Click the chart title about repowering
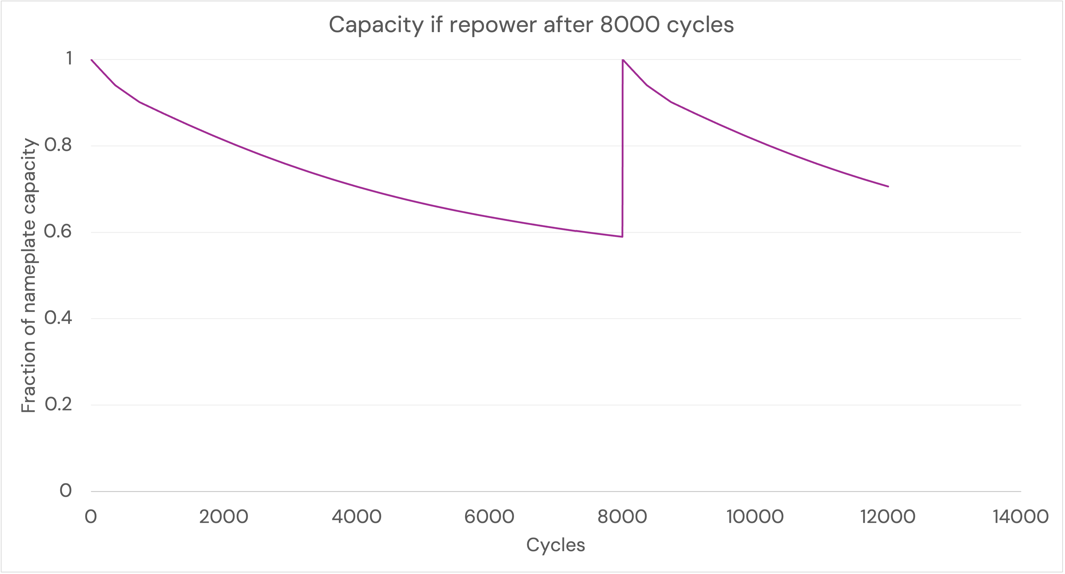[531, 25]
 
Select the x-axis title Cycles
[555, 545]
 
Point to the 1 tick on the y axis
[68, 59]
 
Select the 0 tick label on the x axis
[91, 517]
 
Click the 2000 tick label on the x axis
[224, 517]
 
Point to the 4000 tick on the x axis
[356, 517]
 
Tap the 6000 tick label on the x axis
[489, 517]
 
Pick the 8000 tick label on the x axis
[622, 517]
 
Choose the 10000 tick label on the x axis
[755, 517]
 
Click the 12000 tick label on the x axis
[888, 517]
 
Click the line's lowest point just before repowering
[622, 237]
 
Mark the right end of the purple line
[888, 187]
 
